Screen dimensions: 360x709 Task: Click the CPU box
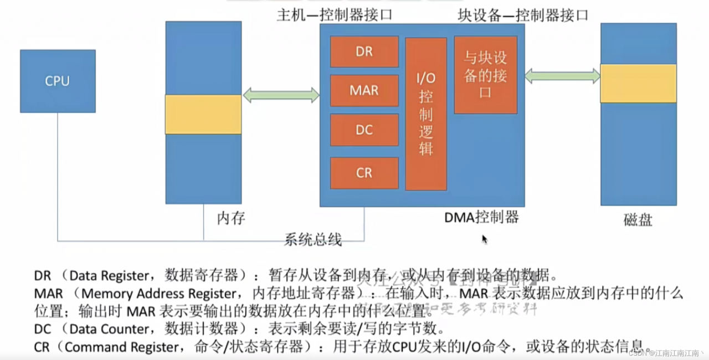point(58,81)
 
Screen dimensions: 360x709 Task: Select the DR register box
point(364,52)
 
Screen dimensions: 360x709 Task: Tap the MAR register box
point(364,90)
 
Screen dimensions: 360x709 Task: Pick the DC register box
point(364,130)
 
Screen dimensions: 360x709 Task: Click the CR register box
point(364,173)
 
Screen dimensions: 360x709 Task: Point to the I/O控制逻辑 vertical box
point(425,114)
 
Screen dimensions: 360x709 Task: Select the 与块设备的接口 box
point(485,75)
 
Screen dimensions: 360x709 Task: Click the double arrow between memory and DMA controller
point(281,95)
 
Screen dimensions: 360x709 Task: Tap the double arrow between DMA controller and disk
point(562,76)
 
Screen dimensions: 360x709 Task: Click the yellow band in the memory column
point(203,114)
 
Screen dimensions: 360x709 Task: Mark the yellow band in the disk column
point(638,83)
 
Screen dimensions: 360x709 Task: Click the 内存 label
point(230,218)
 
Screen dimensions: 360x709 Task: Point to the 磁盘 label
point(638,220)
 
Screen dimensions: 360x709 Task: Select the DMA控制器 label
point(481,217)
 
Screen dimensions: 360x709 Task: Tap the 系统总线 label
point(313,239)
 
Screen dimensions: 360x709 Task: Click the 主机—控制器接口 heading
point(335,15)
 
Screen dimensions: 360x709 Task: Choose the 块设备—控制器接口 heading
point(522,15)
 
